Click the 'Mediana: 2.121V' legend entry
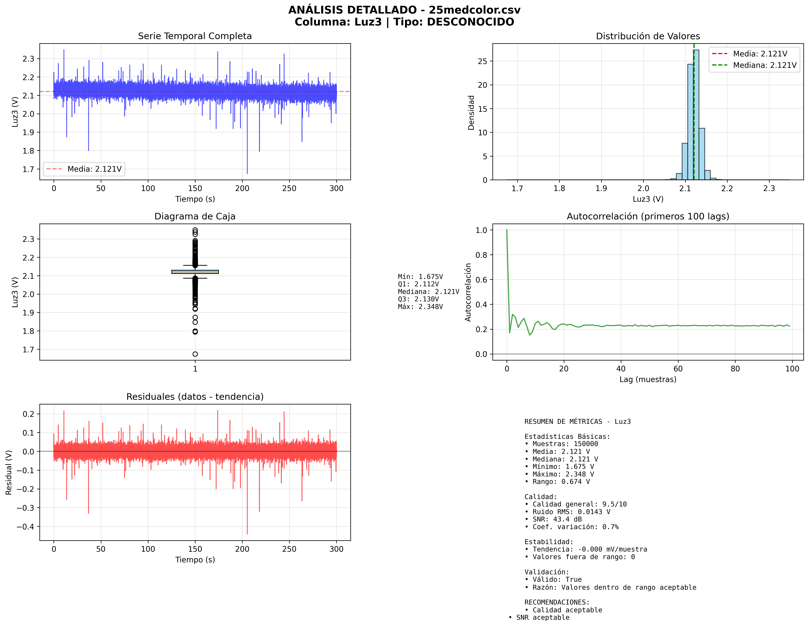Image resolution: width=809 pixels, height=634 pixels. (x=764, y=65)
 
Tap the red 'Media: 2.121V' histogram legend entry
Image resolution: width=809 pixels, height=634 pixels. (x=760, y=54)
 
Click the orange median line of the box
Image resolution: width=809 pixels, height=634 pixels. (x=195, y=272)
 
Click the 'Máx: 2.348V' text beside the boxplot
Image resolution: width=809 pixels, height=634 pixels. (x=420, y=307)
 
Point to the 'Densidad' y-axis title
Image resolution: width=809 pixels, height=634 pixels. (x=471, y=113)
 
